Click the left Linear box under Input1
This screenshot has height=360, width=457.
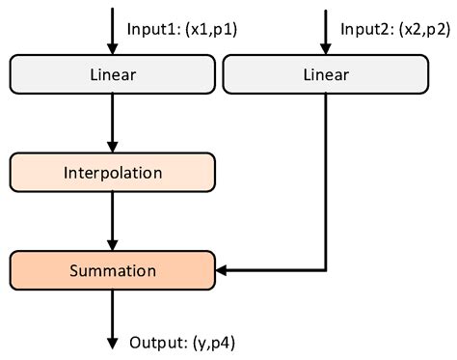[112, 73]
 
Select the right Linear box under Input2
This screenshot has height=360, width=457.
[325, 73]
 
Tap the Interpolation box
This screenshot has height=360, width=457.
[112, 173]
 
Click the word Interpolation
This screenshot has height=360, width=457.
[112, 173]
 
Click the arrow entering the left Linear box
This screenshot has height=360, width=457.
[112, 29]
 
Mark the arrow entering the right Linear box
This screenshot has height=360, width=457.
[325, 29]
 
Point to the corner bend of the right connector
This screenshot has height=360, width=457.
[325, 272]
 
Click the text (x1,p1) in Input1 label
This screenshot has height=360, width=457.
[211, 29]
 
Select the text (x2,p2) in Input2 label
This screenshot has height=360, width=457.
[423, 29]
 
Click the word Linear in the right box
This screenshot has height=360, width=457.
[325, 73]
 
